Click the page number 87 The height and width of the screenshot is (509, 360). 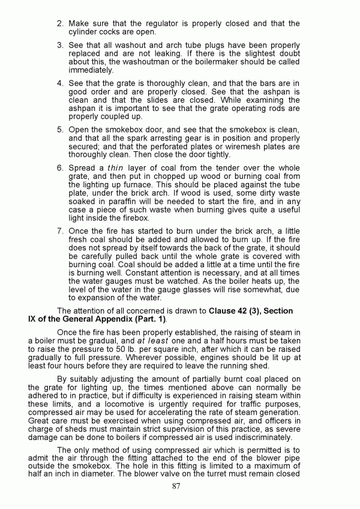(176, 486)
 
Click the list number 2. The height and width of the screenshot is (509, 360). (60, 23)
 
